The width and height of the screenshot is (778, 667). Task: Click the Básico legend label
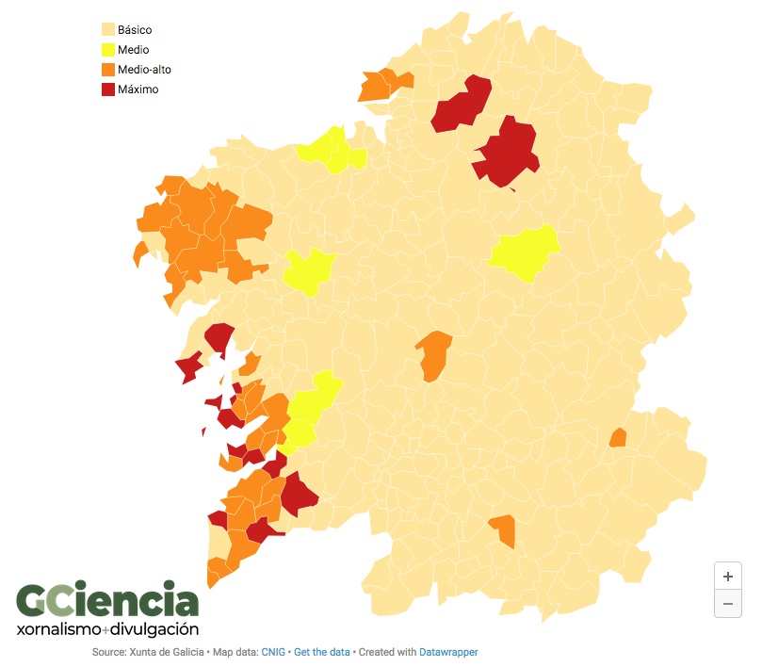[135, 30]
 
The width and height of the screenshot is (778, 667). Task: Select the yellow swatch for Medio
[107, 50]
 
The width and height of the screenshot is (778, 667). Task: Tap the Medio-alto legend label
[144, 70]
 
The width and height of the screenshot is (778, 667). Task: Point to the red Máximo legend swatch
[107, 89]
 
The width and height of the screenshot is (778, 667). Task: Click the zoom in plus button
[728, 576]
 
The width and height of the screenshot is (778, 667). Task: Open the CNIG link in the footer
[273, 652]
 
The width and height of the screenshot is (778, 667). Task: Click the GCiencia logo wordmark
[107, 600]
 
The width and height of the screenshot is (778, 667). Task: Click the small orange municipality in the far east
[618, 437]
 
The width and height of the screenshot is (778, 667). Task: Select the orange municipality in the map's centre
[434, 355]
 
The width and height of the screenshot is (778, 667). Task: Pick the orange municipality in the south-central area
[504, 529]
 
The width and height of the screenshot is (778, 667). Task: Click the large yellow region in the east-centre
[526, 252]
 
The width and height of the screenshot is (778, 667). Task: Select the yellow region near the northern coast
[330, 151]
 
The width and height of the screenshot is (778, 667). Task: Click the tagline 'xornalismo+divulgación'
[107, 628]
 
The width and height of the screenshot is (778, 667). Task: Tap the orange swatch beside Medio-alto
[107, 70]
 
